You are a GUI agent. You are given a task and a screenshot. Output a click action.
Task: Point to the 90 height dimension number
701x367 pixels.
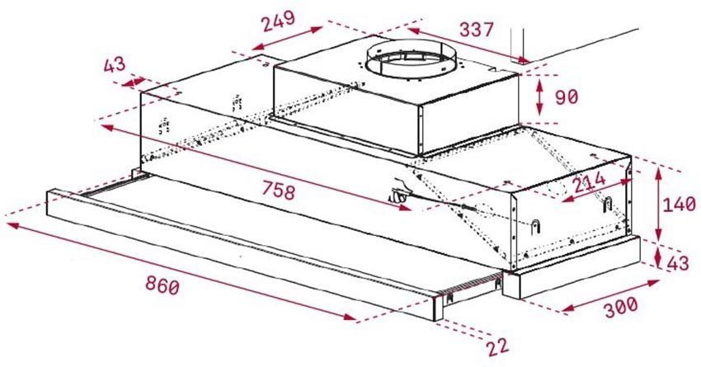pyautogui.click(x=566, y=97)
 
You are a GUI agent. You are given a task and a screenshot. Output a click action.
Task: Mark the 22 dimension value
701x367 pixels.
pyautogui.click(x=498, y=346)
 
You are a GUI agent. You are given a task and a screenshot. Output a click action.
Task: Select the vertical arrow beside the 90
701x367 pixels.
pyautogui.click(x=539, y=97)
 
